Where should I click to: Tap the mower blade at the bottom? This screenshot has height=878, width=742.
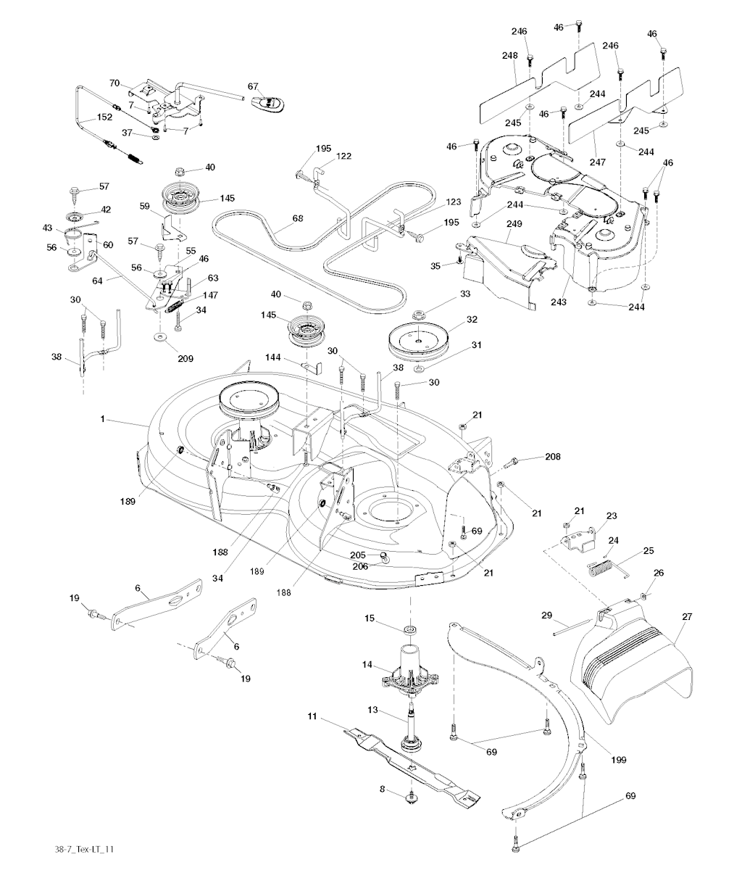click(406, 761)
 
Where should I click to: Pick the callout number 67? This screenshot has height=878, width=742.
click(253, 87)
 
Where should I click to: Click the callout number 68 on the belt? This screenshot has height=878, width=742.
click(278, 218)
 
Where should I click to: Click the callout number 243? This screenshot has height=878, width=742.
click(559, 301)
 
